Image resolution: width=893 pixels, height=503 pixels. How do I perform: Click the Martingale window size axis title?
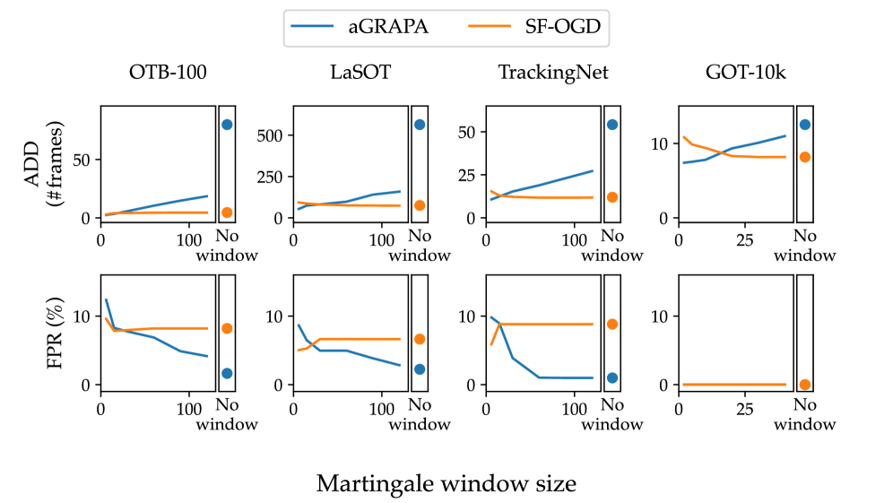(446, 484)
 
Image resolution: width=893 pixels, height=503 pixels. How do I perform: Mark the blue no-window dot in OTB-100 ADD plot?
(227, 125)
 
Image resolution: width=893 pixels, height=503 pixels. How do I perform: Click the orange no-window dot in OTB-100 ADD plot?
(227, 212)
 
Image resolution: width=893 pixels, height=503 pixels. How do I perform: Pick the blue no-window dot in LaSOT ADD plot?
(420, 125)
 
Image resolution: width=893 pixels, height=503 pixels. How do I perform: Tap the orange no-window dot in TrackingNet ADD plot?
(612, 197)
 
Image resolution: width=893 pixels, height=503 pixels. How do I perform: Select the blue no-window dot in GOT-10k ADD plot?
(805, 125)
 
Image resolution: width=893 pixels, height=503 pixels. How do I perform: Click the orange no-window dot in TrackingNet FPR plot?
(612, 324)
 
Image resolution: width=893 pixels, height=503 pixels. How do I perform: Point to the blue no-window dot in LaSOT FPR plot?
(420, 369)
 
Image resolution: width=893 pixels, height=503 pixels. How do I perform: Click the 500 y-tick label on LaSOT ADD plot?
(270, 135)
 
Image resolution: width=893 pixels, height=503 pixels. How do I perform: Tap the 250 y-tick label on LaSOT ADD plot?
(270, 177)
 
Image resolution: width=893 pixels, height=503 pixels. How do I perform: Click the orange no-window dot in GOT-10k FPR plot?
(805, 385)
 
